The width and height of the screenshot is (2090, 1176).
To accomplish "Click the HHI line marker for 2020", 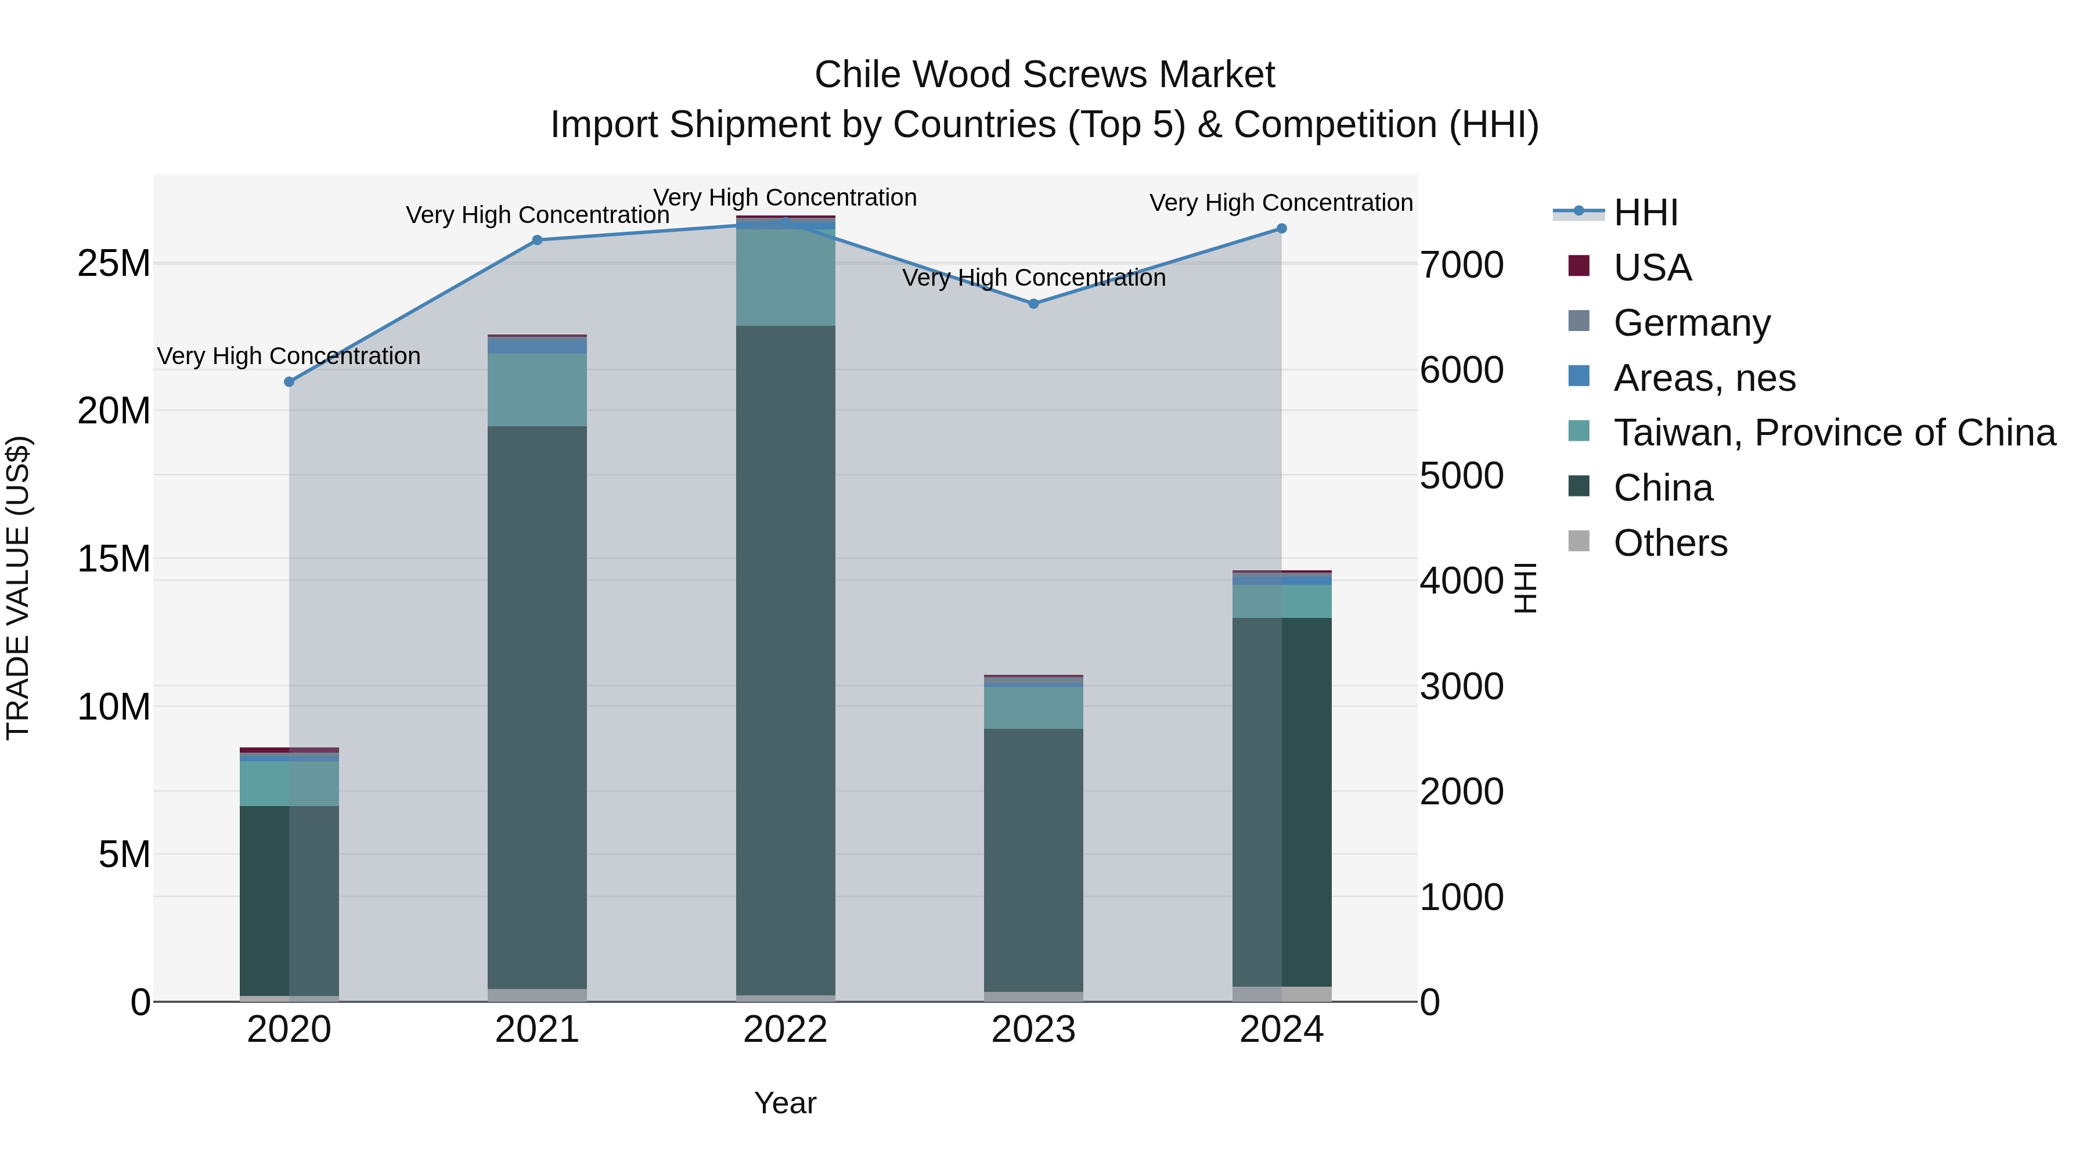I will click(289, 382).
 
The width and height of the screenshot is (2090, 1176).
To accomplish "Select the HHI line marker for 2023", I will click(1033, 304).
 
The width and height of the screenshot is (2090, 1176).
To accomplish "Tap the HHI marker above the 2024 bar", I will click(1281, 229).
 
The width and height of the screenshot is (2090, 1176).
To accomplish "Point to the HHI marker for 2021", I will click(537, 240).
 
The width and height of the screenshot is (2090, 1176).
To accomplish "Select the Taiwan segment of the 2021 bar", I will click(537, 390).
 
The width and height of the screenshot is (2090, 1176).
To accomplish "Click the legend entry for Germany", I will click(1692, 323).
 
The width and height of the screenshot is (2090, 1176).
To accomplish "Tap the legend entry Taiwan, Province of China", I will click(1833, 433).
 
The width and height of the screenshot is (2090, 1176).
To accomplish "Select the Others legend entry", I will click(1670, 543).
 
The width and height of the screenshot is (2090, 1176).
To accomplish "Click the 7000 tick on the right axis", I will click(1461, 265).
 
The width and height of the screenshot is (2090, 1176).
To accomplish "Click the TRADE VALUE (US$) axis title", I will click(18, 588).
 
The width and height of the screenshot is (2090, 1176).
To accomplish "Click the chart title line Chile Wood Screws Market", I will click(1044, 75).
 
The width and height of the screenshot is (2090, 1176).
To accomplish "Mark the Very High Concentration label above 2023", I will click(1033, 278).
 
